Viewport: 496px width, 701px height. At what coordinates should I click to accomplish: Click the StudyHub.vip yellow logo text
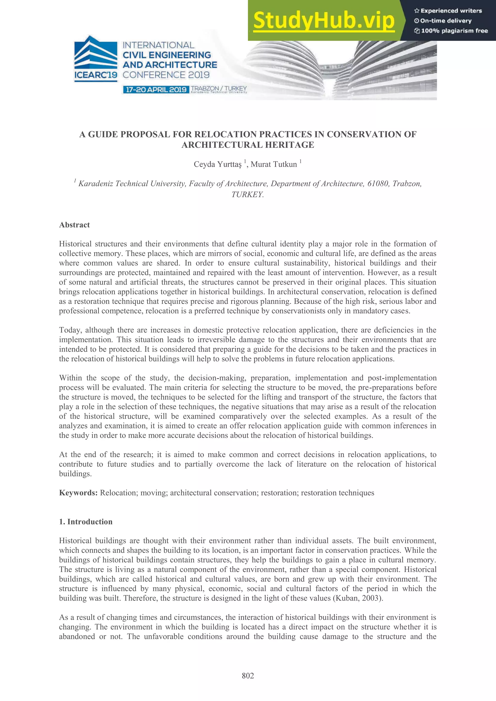(x=324, y=21)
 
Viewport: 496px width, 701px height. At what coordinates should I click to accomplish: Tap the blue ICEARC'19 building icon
(x=96, y=53)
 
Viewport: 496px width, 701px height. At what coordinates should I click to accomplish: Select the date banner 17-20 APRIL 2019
(x=156, y=90)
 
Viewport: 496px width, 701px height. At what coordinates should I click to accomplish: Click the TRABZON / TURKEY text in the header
(x=219, y=88)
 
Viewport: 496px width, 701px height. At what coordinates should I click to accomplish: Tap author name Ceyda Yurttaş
(x=217, y=164)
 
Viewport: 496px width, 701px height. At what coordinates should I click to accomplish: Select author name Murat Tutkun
(x=274, y=164)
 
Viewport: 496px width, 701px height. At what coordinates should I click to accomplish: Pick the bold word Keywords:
(x=78, y=493)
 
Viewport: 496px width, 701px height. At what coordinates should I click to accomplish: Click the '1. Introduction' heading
(x=85, y=521)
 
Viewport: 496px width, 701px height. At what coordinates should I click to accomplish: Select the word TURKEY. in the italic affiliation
(x=247, y=194)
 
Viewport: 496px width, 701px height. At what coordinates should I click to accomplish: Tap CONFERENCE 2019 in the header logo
(x=166, y=75)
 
